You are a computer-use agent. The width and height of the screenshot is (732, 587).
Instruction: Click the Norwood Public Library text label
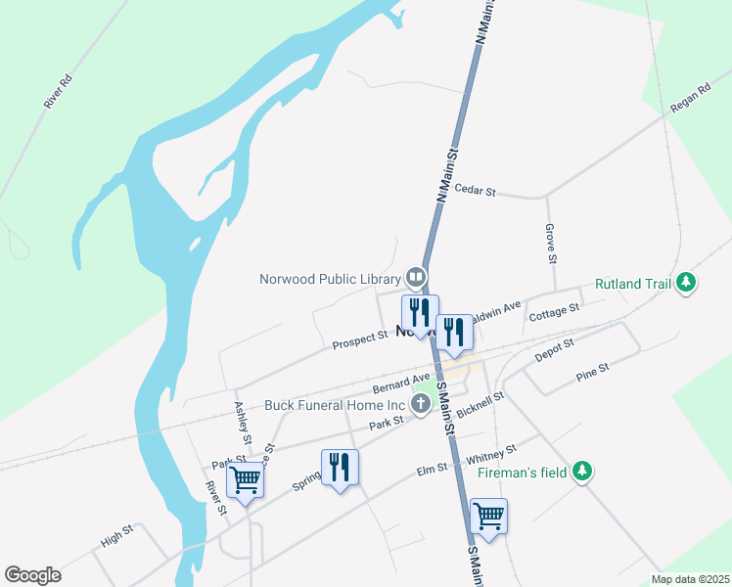pyautogui.click(x=330, y=279)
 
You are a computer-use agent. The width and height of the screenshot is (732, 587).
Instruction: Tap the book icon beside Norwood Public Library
pyautogui.click(x=416, y=278)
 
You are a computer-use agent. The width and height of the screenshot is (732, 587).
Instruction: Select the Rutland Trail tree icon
pyautogui.click(x=687, y=284)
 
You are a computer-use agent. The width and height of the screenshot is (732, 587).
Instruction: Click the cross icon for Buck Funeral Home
pyautogui.click(x=422, y=405)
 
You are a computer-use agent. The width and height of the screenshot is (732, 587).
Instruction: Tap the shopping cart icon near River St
pyautogui.click(x=245, y=479)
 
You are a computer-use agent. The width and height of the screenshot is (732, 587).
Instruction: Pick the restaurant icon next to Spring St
pyautogui.click(x=340, y=467)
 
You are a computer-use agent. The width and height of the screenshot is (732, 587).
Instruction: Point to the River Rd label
pyautogui.click(x=59, y=90)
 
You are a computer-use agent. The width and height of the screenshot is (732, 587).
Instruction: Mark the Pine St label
pyautogui.click(x=592, y=371)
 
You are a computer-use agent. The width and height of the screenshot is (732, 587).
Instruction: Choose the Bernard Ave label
pyautogui.click(x=401, y=383)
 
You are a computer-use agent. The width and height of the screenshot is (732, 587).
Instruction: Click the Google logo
pyautogui.click(x=32, y=575)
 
